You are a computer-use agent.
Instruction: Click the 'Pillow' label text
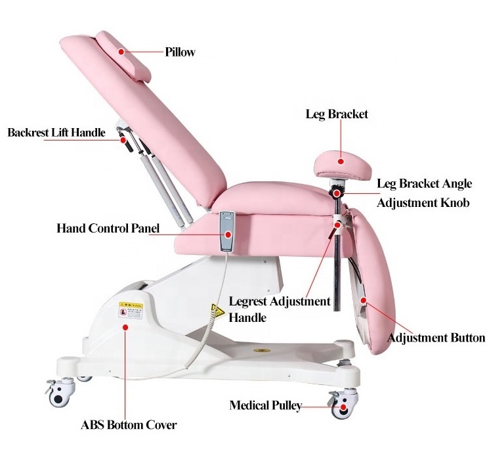[180, 52]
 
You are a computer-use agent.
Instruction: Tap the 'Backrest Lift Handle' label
[56, 133]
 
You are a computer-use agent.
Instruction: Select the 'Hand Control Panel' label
[108, 229]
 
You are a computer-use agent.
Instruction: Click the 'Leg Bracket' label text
[337, 114]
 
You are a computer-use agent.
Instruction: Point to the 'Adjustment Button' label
[436, 338]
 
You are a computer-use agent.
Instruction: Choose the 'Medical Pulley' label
[265, 405]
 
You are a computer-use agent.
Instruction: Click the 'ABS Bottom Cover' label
[129, 425]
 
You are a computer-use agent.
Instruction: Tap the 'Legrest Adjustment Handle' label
[279, 309]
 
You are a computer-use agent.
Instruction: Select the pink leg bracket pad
[341, 161]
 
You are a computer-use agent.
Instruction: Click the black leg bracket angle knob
[337, 193]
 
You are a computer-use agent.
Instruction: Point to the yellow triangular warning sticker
[215, 309]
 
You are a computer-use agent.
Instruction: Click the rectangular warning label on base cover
[130, 308]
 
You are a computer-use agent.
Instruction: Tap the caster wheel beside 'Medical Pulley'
[341, 408]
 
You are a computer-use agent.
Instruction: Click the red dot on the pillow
[121, 51]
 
